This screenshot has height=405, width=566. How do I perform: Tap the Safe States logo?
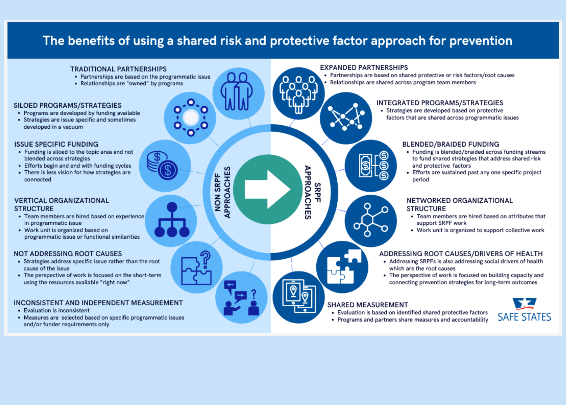(524, 310)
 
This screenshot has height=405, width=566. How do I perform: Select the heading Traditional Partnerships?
(118, 69)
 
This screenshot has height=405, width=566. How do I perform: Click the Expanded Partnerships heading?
(364, 67)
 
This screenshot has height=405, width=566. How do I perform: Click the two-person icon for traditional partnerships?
(237, 92)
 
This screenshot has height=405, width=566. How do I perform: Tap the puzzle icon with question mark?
(196, 268)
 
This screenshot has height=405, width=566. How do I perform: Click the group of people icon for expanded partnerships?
(298, 94)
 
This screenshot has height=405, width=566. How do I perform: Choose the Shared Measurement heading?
(367, 305)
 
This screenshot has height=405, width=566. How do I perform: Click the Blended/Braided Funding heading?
(451, 144)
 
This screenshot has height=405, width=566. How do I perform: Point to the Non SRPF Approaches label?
(222, 192)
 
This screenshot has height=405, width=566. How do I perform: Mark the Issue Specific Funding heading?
(56, 144)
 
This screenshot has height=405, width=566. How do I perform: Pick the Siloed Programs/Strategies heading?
(67, 105)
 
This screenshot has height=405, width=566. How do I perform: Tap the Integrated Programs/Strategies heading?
(439, 103)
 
